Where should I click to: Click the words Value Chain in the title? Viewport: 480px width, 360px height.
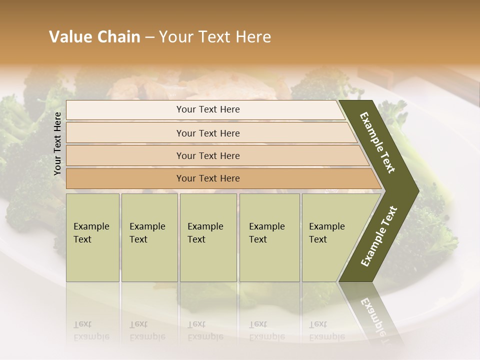(x=94, y=37)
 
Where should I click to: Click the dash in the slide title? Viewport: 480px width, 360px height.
(x=149, y=37)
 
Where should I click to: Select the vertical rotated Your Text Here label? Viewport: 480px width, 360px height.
(x=57, y=144)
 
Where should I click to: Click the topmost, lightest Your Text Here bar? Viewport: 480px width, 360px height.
(x=208, y=109)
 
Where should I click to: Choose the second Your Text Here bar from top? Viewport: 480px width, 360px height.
(x=208, y=133)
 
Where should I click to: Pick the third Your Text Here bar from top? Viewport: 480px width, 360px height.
(x=208, y=155)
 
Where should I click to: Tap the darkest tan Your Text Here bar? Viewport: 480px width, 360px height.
(x=208, y=178)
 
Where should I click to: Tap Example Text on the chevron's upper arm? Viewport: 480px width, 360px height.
(x=377, y=142)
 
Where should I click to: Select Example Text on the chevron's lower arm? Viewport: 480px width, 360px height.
(x=379, y=236)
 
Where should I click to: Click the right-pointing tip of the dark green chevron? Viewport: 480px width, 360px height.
(x=416, y=190)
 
